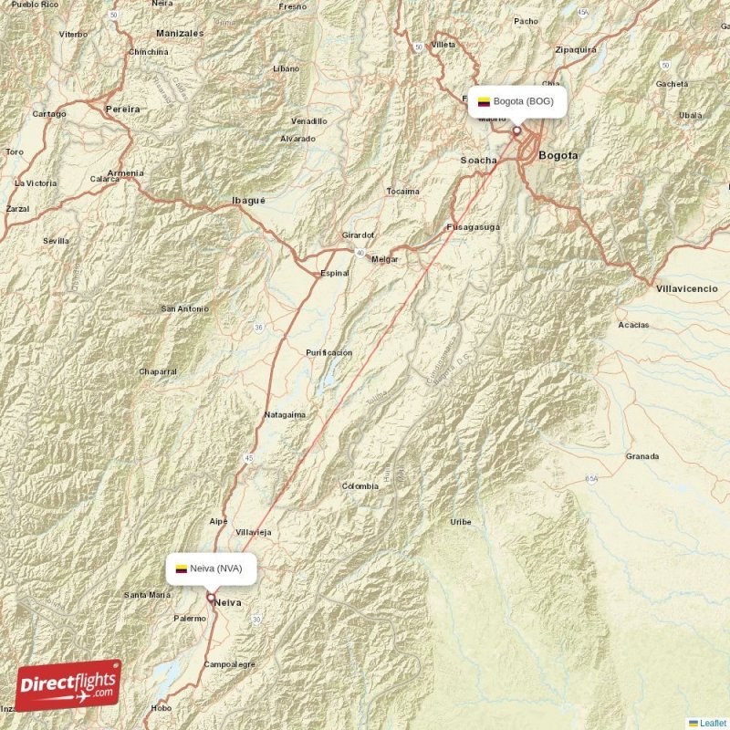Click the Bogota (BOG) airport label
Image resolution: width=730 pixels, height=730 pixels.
[x=523, y=101]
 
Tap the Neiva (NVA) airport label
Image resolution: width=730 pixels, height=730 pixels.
[x=216, y=568]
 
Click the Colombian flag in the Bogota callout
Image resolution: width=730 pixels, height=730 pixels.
[x=484, y=101]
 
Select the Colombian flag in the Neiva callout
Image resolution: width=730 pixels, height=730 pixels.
[x=182, y=568]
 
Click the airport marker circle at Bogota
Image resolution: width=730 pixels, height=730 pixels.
[x=516, y=130]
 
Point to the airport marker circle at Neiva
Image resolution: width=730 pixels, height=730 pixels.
[x=211, y=599]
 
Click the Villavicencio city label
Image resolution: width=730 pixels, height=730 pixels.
[x=686, y=288]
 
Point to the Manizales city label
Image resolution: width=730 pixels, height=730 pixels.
[x=180, y=32]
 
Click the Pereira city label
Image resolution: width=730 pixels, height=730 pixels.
[x=123, y=109]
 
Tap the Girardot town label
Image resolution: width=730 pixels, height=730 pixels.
[x=358, y=235]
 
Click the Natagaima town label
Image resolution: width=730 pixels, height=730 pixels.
[x=285, y=414]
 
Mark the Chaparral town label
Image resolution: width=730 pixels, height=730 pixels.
[x=158, y=371]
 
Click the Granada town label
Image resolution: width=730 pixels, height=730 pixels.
[x=642, y=455]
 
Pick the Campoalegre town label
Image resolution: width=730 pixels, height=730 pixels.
[x=230, y=664]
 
